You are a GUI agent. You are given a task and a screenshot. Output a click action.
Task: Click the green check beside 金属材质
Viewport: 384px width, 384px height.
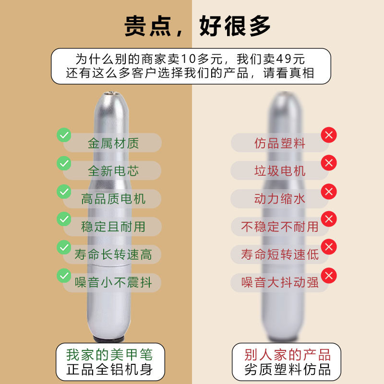[64, 135]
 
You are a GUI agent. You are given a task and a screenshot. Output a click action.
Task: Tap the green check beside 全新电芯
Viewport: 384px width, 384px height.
[64, 163]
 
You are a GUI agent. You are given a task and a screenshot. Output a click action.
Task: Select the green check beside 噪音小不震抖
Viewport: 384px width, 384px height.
[64, 275]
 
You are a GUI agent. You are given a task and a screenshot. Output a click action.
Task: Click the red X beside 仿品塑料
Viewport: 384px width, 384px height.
[329, 135]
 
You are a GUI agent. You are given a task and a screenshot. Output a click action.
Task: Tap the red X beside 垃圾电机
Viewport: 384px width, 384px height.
[329, 163]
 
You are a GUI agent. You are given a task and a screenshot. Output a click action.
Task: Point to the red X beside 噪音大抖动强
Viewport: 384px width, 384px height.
[329, 276]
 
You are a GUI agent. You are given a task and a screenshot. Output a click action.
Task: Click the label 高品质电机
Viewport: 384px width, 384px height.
[113, 198]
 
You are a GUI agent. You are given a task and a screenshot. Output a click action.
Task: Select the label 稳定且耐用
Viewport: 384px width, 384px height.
[113, 226]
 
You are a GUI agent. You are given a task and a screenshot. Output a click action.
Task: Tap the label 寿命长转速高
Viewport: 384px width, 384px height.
[113, 254]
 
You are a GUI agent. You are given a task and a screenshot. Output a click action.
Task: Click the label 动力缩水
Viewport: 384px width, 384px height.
[280, 198]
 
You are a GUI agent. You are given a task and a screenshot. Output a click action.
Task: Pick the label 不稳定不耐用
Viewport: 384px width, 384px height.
[280, 226]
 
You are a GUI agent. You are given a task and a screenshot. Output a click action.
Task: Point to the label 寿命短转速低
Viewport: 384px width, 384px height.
[280, 254]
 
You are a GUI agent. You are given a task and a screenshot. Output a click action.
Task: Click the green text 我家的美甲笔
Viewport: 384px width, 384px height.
[110, 355]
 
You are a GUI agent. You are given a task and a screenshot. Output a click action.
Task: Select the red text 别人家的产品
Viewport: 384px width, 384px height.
[288, 355]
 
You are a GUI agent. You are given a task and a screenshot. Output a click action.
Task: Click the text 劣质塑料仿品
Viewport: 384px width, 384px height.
[288, 370]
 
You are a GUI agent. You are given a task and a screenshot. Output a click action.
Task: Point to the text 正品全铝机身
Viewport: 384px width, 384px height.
[110, 370]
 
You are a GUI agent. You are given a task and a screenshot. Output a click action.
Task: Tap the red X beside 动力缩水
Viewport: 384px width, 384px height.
[329, 192]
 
